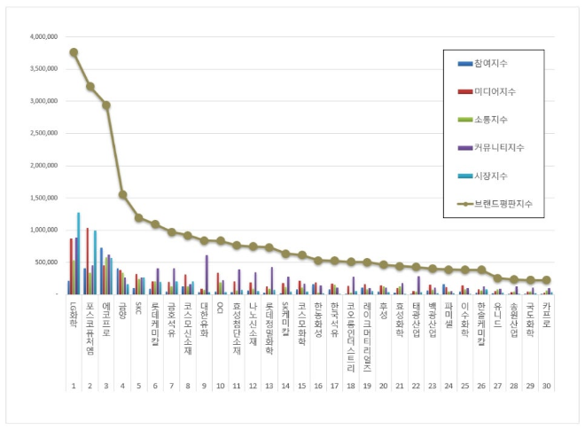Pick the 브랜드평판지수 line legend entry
tap(497, 204)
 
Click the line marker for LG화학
tap(74, 52)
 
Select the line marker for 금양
tap(122, 195)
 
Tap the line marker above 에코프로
tap(106, 105)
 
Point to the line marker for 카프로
tap(547, 280)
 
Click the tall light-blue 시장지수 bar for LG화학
tap(79, 254)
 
